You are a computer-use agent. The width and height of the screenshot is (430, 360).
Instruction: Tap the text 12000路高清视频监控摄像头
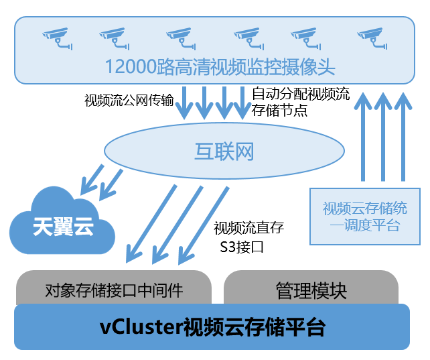[x=220, y=67]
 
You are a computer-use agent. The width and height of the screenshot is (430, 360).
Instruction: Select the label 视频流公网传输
[x=129, y=101]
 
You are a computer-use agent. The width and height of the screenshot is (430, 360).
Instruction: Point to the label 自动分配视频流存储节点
[x=300, y=102]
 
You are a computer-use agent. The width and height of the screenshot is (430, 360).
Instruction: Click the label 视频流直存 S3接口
[x=248, y=237]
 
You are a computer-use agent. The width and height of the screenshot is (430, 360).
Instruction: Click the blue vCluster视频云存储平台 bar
[x=212, y=327]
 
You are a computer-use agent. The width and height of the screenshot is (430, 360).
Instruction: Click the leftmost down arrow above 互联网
[x=185, y=103]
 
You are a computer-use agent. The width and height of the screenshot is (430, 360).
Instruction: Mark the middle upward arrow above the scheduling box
[x=383, y=137]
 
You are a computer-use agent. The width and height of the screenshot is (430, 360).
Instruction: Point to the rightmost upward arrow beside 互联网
[x=403, y=137]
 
